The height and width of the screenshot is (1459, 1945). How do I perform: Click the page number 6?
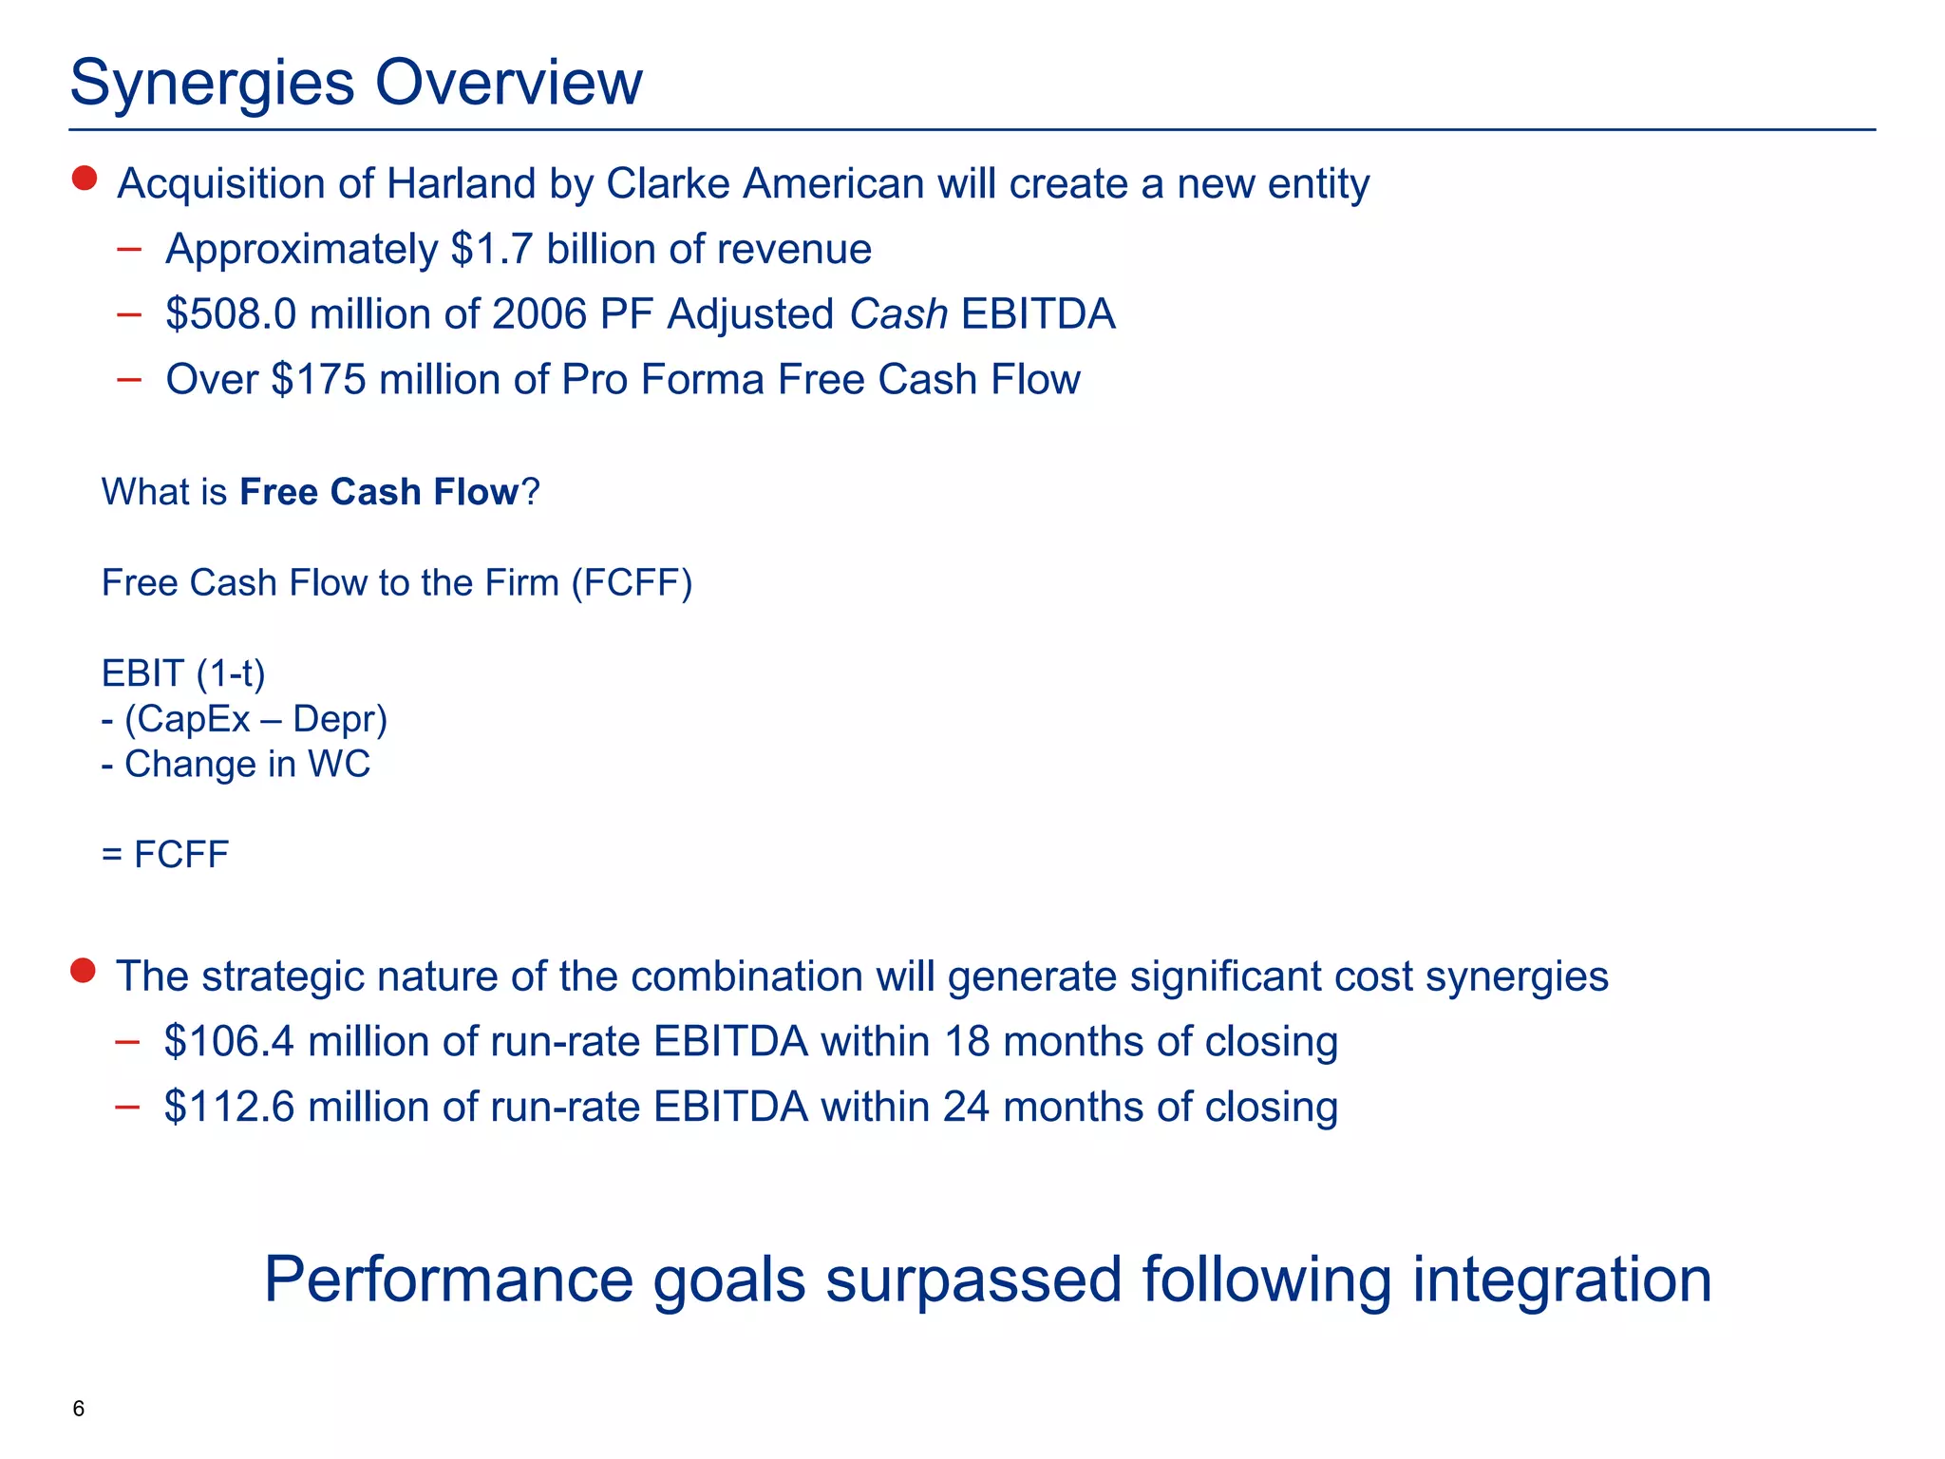pyautogui.click(x=79, y=1409)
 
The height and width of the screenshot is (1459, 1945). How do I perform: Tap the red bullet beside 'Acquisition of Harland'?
pyautogui.click(x=85, y=179)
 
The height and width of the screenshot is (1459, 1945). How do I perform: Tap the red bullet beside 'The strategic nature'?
pyautogui.click(x=84, y=971)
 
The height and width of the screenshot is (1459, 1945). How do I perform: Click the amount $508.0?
pyautogui.click(x=231, y=314)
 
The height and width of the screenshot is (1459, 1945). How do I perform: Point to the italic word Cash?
pyautogui.click(x=897, y=314)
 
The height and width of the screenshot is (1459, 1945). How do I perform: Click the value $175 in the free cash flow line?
pyautogui.click(x=318, y=380)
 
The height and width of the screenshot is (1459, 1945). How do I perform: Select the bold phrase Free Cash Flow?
pyautogui.click(x=379, y=492)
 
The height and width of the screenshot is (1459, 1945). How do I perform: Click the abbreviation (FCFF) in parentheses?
pyautogui.click(x=632, y=583)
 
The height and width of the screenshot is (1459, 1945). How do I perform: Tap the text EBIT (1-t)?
pyautogui.click(x=183, y=673)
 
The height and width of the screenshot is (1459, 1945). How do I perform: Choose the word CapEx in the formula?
pyautogui.click(x=187, y=719)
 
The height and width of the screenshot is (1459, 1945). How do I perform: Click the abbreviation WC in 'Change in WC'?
pyautogui.click(x=339, y=765)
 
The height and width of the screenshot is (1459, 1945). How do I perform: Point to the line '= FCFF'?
pyautogui.click(x=165, y=855)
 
